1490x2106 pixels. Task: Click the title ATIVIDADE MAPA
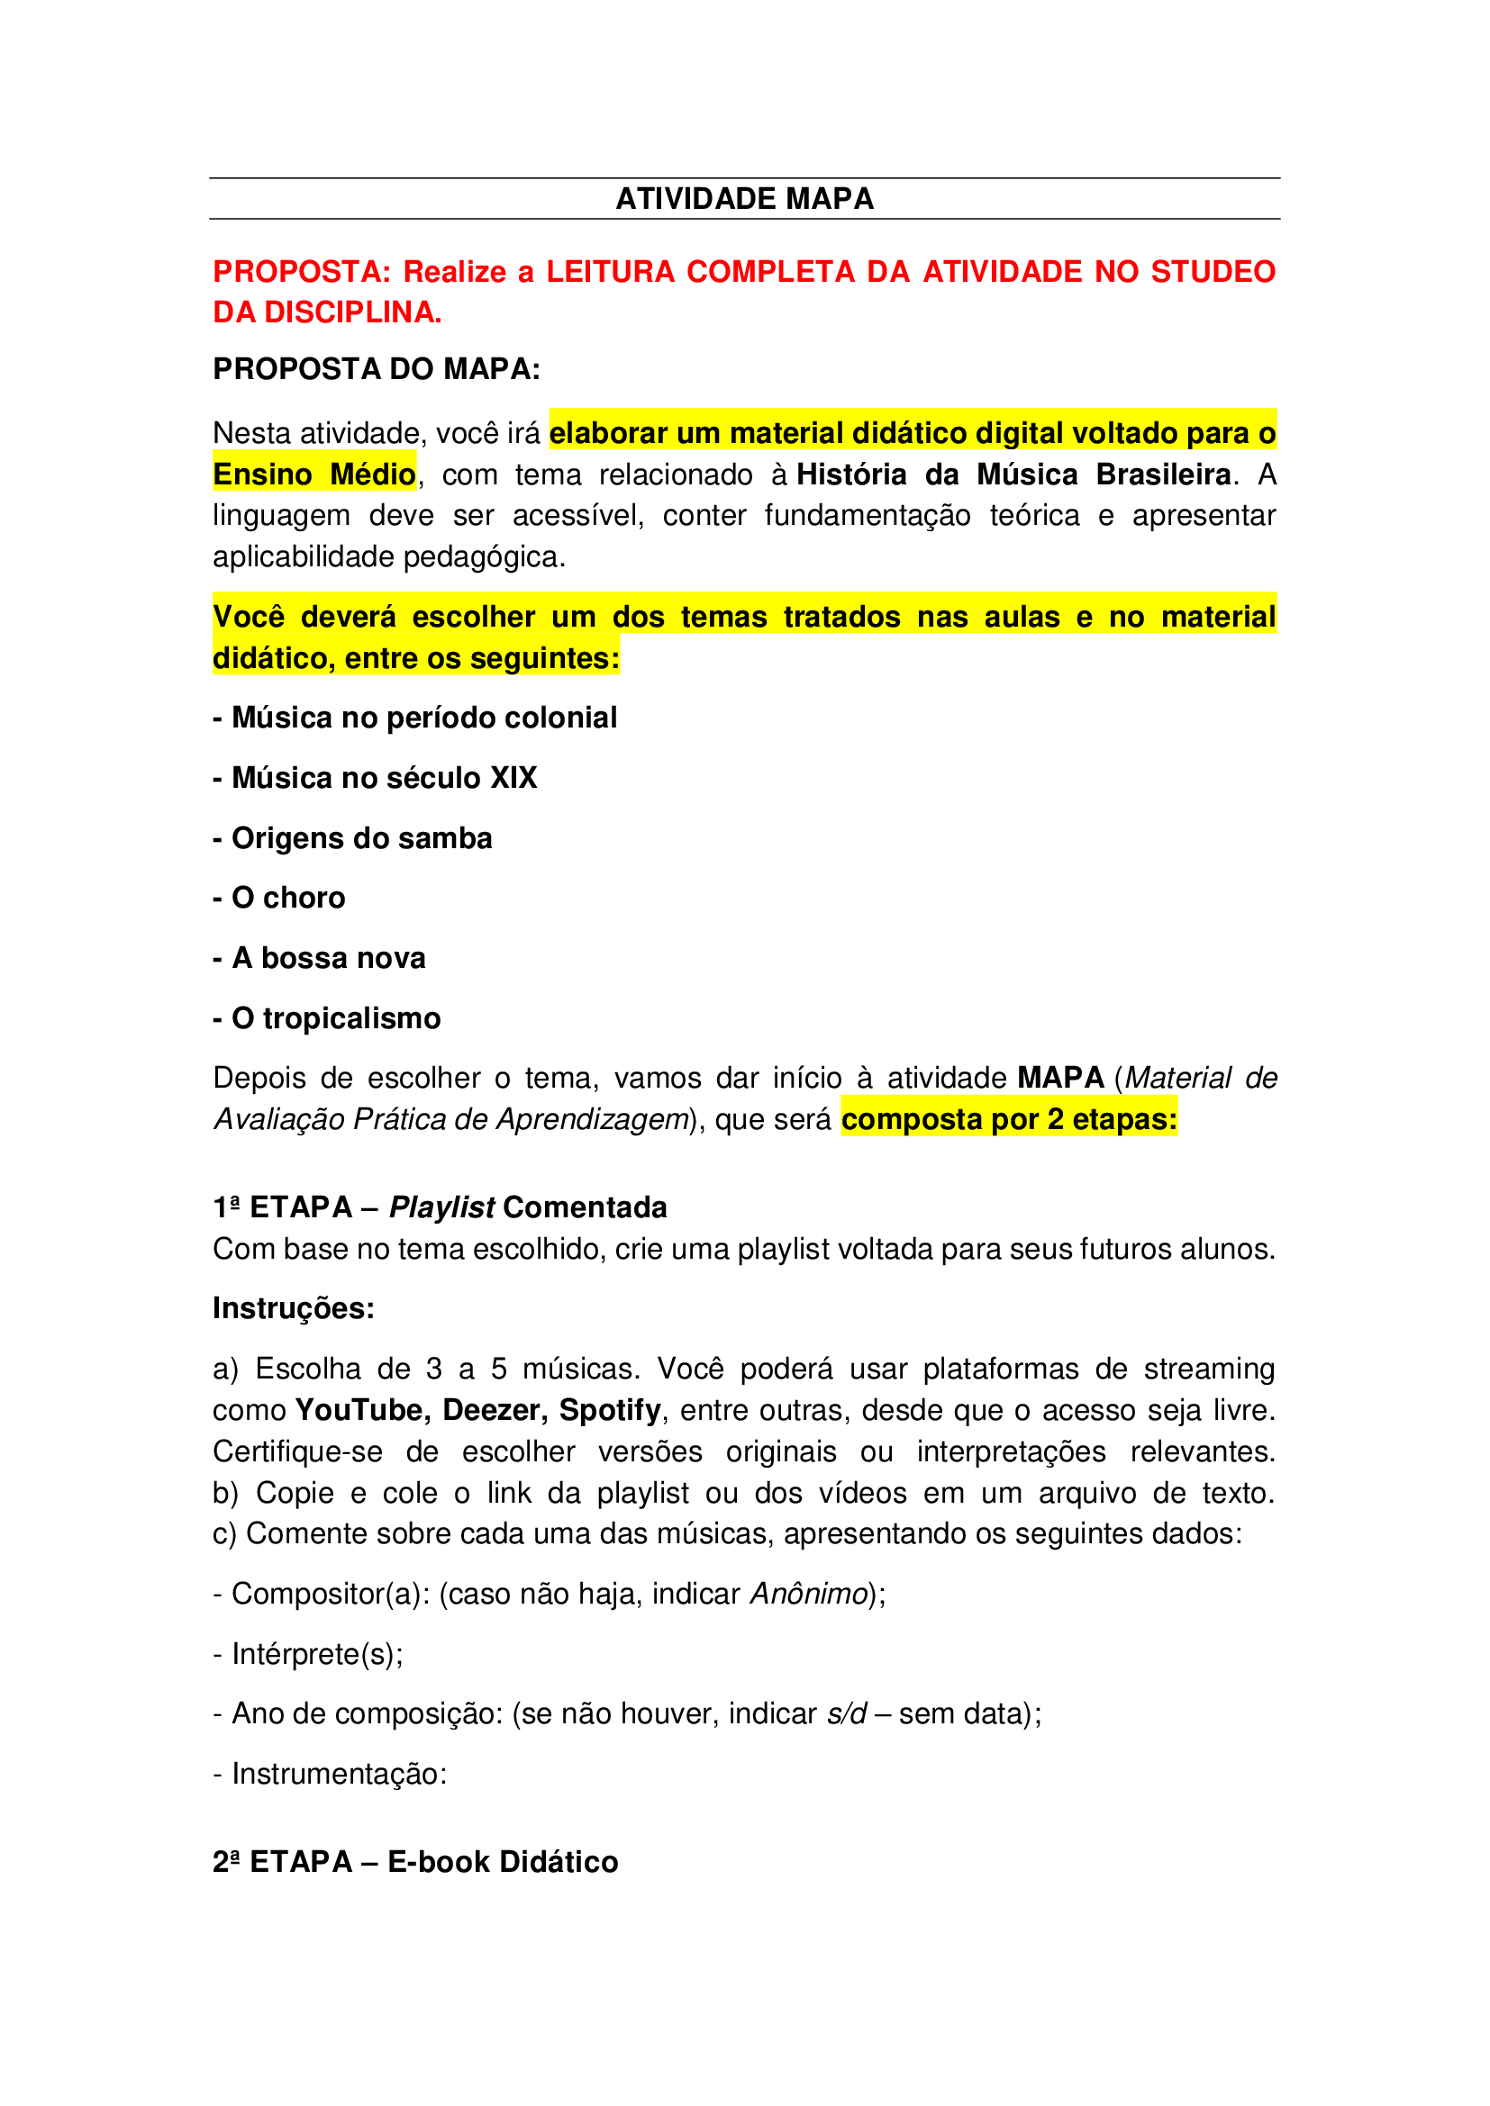coord(744,199)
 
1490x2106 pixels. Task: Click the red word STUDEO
coord(1212,272)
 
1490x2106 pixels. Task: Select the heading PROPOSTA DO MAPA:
coord(377,369)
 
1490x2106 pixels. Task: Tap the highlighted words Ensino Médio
coord(313,475)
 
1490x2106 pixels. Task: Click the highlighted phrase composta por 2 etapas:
coord(1008,1120)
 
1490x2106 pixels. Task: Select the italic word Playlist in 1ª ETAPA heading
coord(442,1208)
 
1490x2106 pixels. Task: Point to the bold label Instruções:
coord(294,1309)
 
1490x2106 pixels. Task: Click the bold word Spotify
coord(610,1410)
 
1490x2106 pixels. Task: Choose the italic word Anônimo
coord(808,1595)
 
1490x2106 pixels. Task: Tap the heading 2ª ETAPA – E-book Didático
coord(415,1862)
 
